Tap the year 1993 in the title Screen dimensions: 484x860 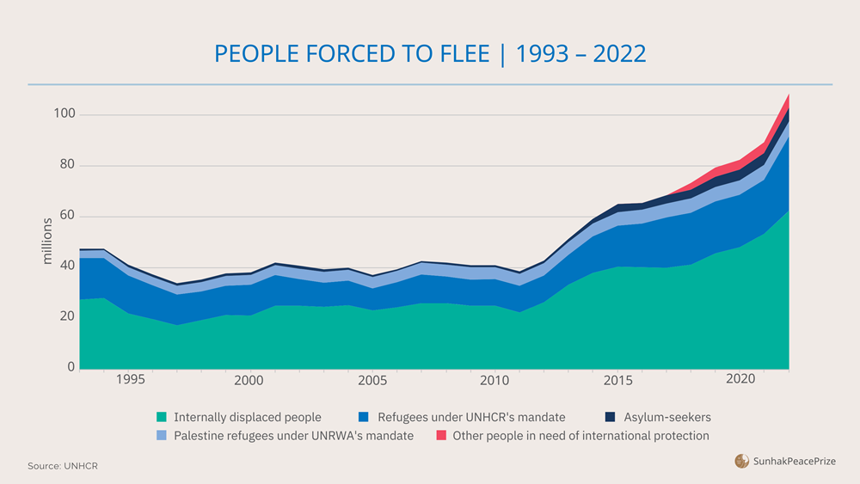point(541,54)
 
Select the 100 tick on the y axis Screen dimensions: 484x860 point(64,114)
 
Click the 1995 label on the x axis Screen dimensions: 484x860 point(129,380)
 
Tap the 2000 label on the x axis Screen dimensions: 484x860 point(249,380)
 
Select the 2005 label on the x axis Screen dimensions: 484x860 point(372,380)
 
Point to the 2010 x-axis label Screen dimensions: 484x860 point(494,380)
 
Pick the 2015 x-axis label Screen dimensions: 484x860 point(616,380)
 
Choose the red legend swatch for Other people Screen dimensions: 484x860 point(442,436)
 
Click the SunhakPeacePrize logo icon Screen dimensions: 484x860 point(741,462)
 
